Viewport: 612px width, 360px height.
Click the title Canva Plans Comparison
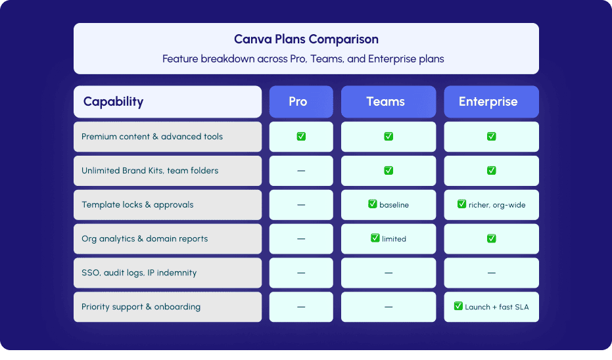[x=306, y=39]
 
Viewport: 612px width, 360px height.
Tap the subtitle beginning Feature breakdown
[x=303, y=59]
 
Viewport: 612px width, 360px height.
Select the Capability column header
[x=113, y=101]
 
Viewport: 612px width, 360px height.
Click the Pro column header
[x=298, y=101]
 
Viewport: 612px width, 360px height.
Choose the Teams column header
[x=385, y=101]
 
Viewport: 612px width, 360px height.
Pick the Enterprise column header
[x=488, y=101]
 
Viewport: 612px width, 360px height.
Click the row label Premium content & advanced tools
[x=153, y=137]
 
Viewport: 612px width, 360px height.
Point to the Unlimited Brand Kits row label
[x=150, y=170]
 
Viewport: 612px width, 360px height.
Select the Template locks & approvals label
[x=137, y=205]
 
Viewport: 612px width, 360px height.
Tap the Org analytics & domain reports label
[x=145, y=238]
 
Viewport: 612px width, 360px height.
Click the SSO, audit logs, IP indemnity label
[x=139, y=273]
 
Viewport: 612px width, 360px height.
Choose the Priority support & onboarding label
[x=141, y=307]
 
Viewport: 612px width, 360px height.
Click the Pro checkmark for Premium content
[x=301, y=136]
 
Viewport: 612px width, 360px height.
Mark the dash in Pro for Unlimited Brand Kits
[x=301, y=171]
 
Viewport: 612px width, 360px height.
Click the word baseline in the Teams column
[x=394, y=205]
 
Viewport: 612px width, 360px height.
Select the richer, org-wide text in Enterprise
[x=497, y=205]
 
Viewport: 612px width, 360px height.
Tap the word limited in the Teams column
[x=394, y=238]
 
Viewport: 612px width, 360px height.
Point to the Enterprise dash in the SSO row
[x=492, y=273]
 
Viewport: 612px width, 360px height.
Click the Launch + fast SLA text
[x=496, y=307]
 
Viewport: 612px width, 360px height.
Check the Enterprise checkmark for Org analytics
[x=492, y=238]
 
